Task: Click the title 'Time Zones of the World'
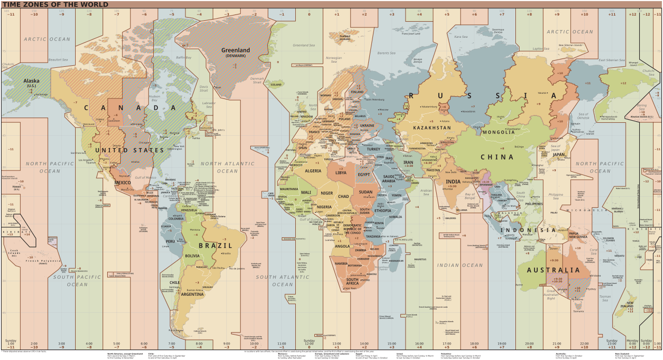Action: point(54,5)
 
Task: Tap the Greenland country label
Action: point(236,51)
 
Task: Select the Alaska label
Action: point(32,81)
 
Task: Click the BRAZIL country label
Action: point(215,246)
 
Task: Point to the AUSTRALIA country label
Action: point(553,270)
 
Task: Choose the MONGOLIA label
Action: point(498,132)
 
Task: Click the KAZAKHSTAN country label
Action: point(432,127)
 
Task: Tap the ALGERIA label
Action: point(313,171)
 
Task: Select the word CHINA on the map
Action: point(497,157)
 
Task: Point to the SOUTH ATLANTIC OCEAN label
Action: point(282,281)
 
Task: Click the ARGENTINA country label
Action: point(192,294)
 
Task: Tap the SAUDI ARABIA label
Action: point(389,179)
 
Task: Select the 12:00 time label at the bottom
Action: point(309,343)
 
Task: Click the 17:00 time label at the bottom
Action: point(446,343)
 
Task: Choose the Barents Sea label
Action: point(386,53)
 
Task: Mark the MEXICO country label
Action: point(122,183)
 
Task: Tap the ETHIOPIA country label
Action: point(382,211)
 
